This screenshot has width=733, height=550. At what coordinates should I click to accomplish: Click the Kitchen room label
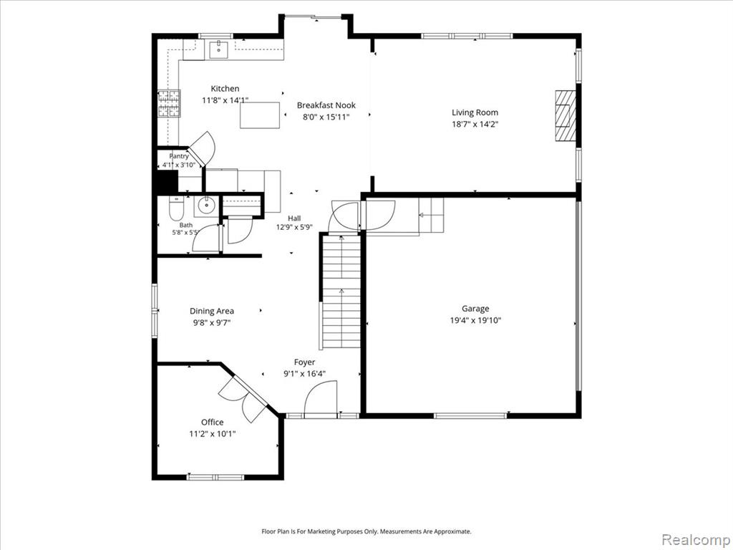coord(225,88)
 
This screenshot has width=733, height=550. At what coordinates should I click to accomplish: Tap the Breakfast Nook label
coord(326,105)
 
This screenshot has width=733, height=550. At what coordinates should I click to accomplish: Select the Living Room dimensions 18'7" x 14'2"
coord(475,124)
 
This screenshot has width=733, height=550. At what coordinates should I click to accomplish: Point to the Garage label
coord(475,308)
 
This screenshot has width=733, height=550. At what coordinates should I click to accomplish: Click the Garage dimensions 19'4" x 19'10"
coord(475,320)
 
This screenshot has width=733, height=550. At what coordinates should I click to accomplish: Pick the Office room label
coord(212,422)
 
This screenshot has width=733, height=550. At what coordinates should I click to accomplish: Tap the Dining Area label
coord(212,311)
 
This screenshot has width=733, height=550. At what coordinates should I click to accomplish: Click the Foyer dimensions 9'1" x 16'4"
coord(304,374)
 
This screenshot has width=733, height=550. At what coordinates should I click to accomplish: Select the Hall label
coord(294,218)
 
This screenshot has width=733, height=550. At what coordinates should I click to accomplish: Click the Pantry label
coord(179,156)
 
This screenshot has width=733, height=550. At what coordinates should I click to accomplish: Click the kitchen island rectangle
coord(260,115)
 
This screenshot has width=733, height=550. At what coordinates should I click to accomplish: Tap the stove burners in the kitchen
coord(169,103)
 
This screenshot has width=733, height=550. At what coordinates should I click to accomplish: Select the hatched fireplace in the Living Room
coord(565,115)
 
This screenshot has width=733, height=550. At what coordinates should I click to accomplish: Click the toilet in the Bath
coord(177,208)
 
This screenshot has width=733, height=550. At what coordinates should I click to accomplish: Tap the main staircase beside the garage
coord(341,292)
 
